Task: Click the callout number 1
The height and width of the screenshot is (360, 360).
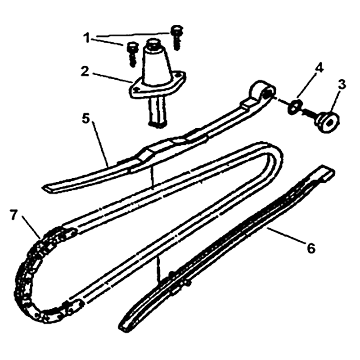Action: click(86, 38)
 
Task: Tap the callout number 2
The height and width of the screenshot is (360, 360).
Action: click(85, 72)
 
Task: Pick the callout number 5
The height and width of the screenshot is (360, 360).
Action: click(86, 119)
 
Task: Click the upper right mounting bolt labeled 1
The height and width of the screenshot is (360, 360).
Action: click(175, 37)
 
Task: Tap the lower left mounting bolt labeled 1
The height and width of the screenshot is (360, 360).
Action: click(132, 54)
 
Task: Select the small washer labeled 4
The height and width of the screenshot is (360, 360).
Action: click(294, 107)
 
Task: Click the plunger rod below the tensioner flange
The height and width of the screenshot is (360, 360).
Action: click(157, 111)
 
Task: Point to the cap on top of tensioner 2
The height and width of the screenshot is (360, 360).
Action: click(154, 44)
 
